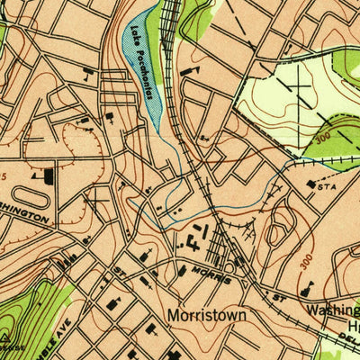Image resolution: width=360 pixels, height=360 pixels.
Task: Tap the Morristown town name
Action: click(x=208, y=317)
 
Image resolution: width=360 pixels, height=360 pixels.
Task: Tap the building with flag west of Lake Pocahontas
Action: click(x=87, y=70)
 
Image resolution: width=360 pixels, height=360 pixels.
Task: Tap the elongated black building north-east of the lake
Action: click(x=188, y=68)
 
